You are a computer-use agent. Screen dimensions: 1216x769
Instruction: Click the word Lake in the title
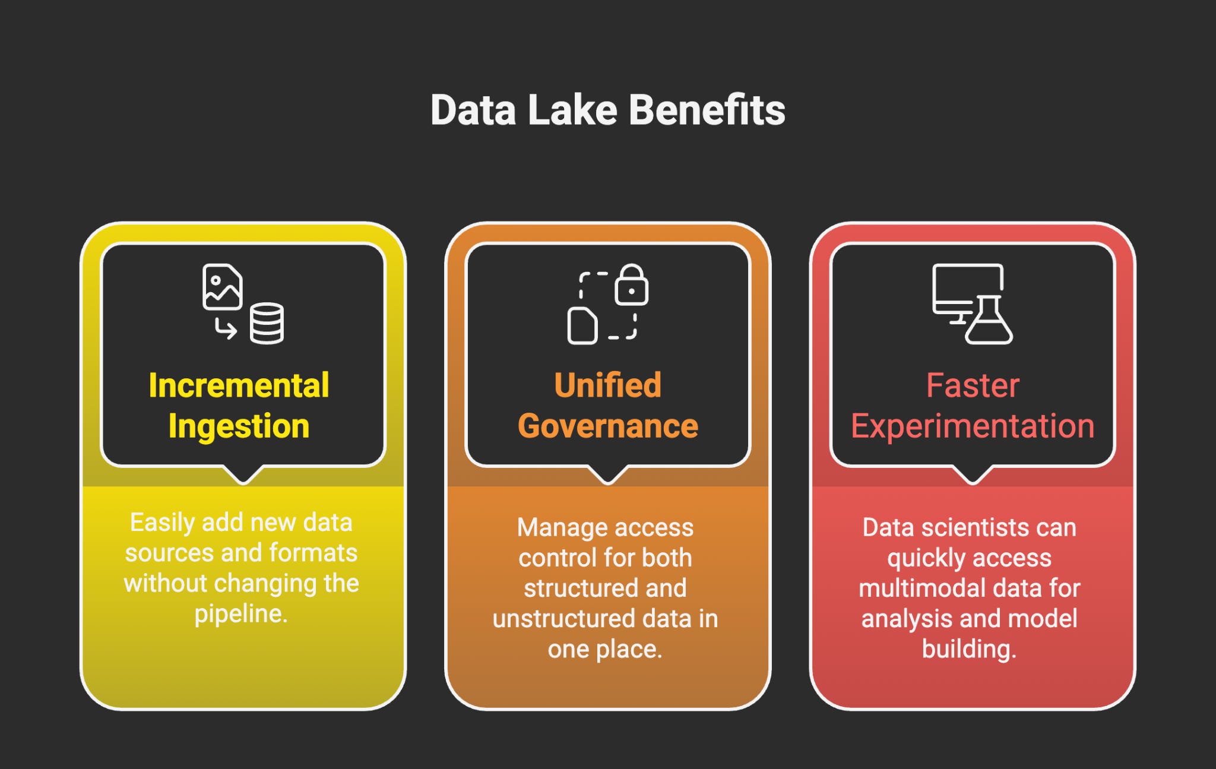[572, 110]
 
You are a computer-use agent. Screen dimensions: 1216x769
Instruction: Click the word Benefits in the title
[707, 110]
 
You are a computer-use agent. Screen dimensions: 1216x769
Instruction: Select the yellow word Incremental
[239, 386]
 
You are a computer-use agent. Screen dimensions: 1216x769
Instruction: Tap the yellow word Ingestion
[239, 426]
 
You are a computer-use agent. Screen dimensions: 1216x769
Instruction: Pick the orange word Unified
[607, 386]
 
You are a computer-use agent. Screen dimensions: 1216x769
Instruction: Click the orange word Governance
[607, 426]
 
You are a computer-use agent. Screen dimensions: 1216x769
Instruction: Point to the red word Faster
[973, 386]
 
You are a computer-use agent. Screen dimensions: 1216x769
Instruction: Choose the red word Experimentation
[973, 426]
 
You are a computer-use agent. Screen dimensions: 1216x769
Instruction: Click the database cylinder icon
[267, 324]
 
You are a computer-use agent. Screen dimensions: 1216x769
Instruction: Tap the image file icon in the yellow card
[222, 287]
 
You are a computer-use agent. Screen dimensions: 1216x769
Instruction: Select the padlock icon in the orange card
[631, 285]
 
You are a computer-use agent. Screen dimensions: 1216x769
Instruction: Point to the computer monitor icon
[967, 288]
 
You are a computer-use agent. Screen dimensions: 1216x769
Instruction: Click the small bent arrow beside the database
[226, 328]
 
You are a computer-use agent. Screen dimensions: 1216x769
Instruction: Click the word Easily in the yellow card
[161, 523]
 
